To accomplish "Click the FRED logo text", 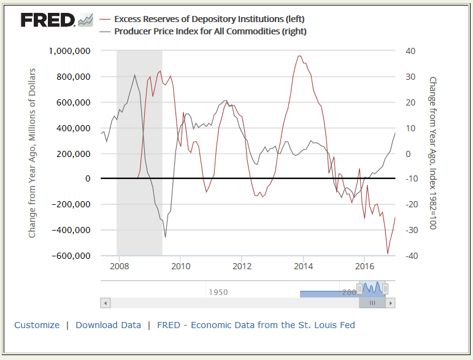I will [x=48, y=20].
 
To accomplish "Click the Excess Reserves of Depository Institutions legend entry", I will [x=209, y=20].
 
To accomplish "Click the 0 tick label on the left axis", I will [x=88, y=178].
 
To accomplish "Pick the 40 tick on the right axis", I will [x=411, y=51].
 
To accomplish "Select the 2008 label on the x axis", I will [x=119, y=266].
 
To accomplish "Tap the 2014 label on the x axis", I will [x=303, y=266].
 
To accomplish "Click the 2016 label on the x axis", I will [x=364, y=266].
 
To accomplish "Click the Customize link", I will [x=37, y=325].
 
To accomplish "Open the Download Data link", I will [x=108, y=325].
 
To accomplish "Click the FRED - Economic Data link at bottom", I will [x=256, y=325].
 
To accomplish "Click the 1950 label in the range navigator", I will [x=218, y=293].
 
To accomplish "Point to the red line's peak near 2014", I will [x=299, y=56].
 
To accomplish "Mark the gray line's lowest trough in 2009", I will [x=165, y=237].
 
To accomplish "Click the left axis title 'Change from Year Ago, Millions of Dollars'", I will [x=33, y=153].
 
